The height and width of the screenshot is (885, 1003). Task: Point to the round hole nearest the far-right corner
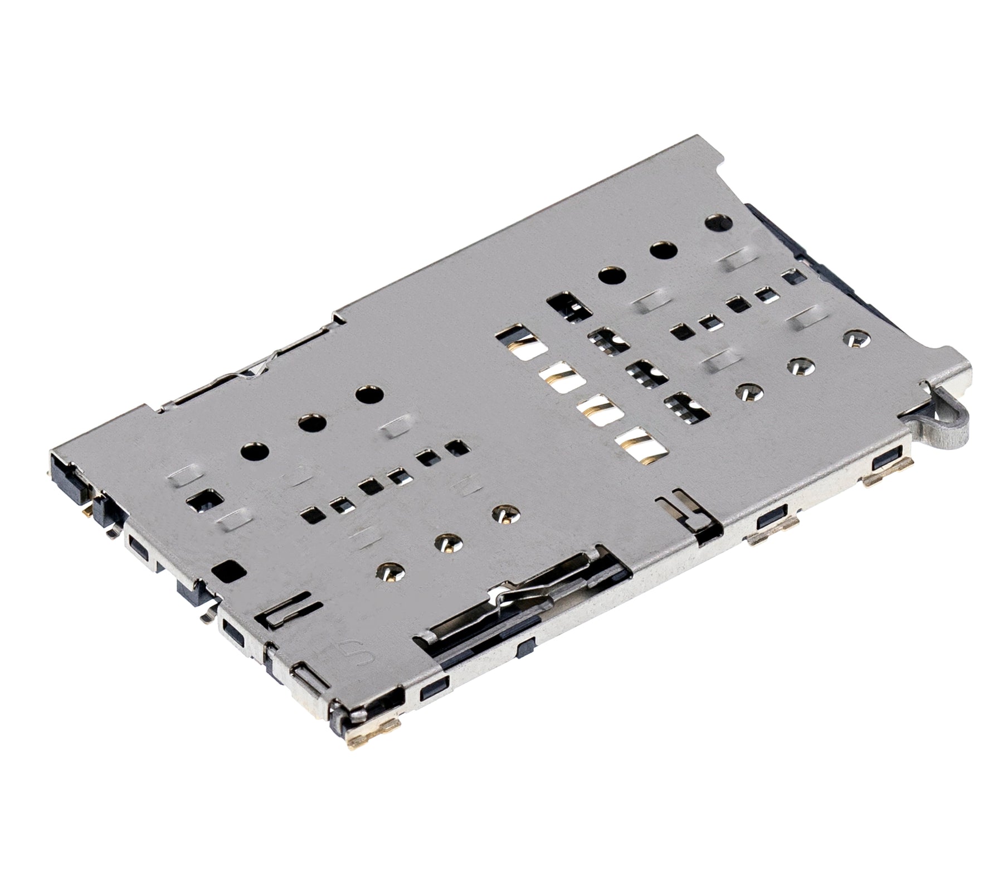[x=718, y=223]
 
